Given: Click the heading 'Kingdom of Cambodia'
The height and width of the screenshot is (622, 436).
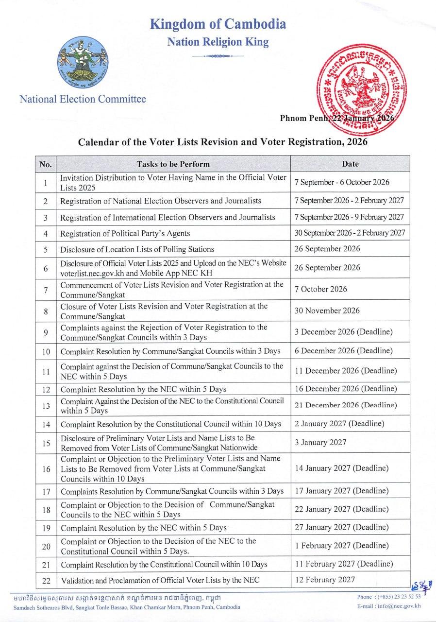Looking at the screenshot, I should click(x=218, y=24).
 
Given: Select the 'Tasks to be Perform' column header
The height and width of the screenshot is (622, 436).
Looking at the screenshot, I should click(x=173, y=164).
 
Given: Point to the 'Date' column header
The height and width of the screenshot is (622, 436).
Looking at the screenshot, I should click(x=350, y=164).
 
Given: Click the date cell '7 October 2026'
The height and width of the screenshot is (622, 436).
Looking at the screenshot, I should click(x=321, y=289).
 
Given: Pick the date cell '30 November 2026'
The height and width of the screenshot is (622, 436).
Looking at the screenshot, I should click(x=327, y=311).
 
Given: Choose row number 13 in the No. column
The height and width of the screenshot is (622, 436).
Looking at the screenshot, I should click(x=46, y=406).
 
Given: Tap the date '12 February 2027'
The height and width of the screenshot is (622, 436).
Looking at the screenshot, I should click(x=325, y=579).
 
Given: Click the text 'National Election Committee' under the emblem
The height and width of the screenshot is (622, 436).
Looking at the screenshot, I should click(x=83, y=99).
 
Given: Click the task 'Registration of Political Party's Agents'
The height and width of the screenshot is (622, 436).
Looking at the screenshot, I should click(x=125, y=234).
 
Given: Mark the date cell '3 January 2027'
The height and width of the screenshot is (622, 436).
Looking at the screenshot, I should click(x=320, y=442).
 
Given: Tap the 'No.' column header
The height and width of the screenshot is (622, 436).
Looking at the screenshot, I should click(x=46, y=164).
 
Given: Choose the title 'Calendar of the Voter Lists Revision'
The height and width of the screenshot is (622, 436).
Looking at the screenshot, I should click(x=223, y=142).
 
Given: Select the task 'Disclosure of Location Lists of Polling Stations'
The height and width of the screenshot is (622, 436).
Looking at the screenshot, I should click(x=137, y=249).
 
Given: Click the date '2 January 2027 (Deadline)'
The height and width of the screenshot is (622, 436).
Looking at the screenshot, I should click(x=339, y=423).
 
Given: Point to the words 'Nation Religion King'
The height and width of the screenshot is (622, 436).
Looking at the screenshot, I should click(x=218, y=42).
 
